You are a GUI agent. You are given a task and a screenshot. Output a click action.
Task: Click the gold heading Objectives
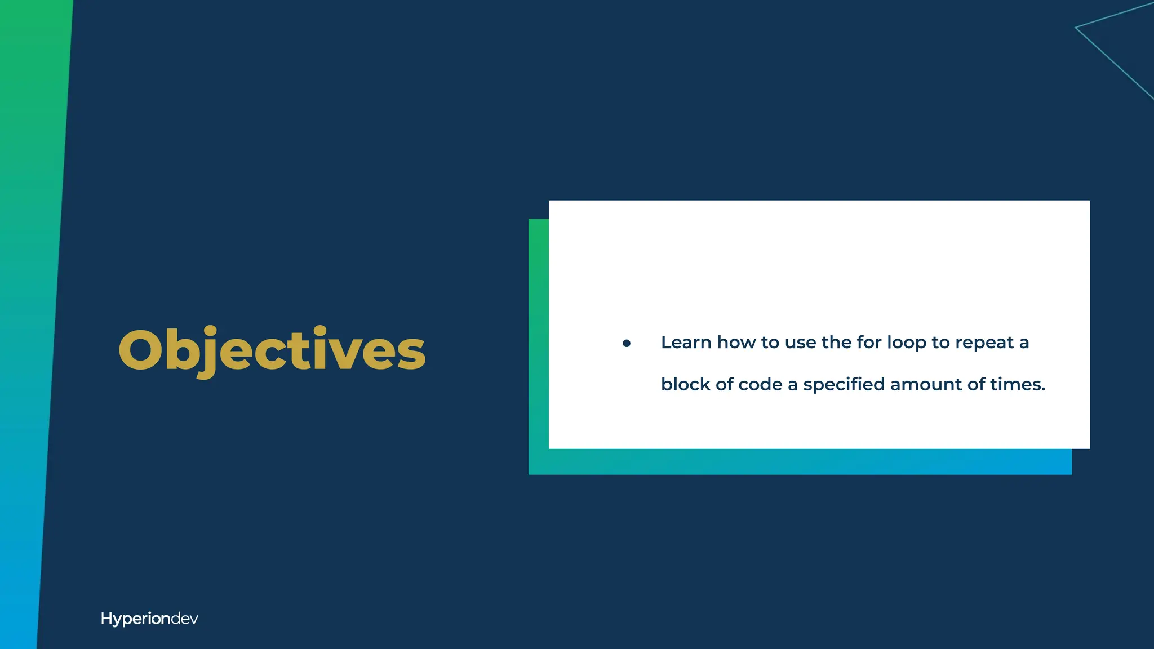[x=272, y=350]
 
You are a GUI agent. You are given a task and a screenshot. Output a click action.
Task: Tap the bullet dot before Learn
[x=626, y=343]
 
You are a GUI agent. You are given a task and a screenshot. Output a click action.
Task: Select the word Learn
[x=686, y=343]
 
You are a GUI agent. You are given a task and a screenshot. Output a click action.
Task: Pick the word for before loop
[x=869, y=342]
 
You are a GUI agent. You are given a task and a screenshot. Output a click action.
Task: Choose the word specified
[x=844, y=385]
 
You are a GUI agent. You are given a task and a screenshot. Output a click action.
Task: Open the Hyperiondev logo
[x=149, y=619]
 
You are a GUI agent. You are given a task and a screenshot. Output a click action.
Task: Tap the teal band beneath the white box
[x=800, y=462]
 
